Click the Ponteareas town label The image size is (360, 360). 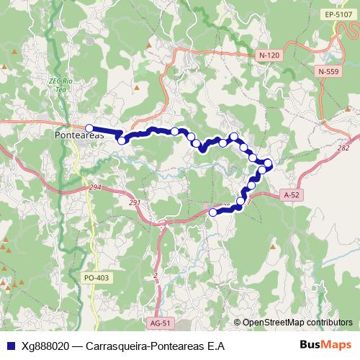point(79,135)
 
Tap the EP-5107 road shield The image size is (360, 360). point(337,14)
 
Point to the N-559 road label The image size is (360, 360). point(327,71)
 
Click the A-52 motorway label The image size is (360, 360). point(291,194)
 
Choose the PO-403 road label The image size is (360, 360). point(96,277)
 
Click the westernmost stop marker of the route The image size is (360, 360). point(89,128)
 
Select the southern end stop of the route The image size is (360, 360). point(212,212)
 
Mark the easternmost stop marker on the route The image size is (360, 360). point(269,163)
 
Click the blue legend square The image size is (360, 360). point(9,346)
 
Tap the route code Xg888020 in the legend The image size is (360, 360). point(46,346)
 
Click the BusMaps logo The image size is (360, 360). point(325,345)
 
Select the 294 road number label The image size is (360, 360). point(95,187)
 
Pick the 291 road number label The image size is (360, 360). point(135,202)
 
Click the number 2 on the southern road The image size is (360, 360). point(156,276)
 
